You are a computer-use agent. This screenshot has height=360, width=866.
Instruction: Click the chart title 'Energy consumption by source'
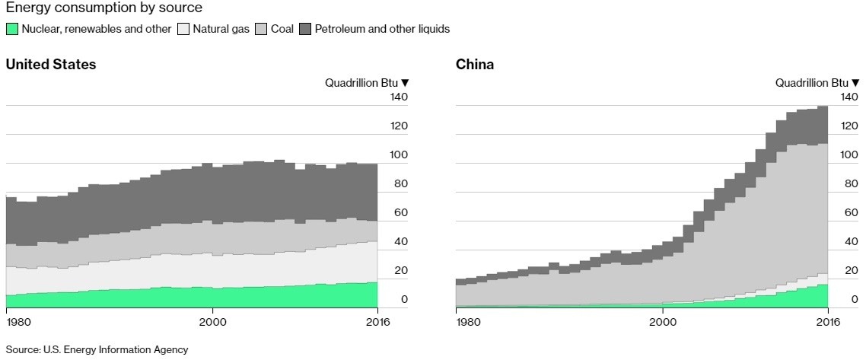[104, 8]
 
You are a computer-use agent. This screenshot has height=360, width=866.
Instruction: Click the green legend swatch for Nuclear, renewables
[12, 30]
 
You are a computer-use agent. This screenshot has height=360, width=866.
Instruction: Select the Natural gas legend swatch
[183, 30]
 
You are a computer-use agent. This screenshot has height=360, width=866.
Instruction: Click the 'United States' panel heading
[51, 65]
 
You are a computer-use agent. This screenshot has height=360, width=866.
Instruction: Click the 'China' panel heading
[475, 65]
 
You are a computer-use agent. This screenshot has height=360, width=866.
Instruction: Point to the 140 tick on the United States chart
[400, 97]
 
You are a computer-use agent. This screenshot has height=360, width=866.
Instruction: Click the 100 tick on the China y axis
[849, 155]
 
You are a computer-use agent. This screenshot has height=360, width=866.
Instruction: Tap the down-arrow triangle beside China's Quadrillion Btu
[856, 83]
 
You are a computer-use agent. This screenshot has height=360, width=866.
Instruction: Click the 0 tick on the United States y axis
[405, 300]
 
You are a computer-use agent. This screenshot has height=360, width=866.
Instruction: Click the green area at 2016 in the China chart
[823, 297]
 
